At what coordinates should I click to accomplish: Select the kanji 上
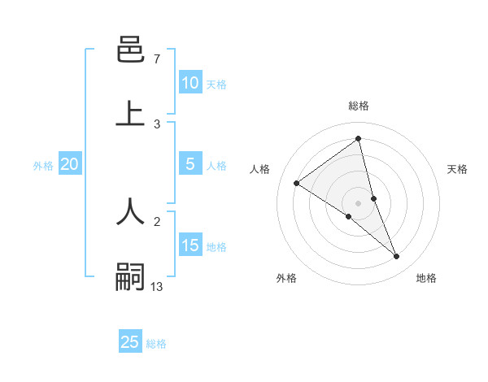coord(130,114)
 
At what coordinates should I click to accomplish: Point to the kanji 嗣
coord(130,276)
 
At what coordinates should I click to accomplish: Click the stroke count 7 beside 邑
coord(156,59)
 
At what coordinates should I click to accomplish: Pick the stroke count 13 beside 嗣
coord(157,286)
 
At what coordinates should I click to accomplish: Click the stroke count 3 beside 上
coord(157,124)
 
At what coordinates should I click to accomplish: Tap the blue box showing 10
coord(190,83)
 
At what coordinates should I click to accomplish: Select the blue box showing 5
coord(190,164)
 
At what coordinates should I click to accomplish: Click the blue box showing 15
coord(190,245)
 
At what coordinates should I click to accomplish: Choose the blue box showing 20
coord(69,164)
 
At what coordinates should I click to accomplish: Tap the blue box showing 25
coord(130,342)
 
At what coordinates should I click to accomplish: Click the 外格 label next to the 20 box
coord(43,166)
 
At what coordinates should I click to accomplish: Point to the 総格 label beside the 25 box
coord(156,344)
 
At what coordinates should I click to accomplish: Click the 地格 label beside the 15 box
coord(216,247)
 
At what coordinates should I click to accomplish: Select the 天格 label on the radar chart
coord(458,169)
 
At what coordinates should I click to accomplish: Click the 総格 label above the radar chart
coord(359,106)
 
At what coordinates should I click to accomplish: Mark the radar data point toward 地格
coord(397,257)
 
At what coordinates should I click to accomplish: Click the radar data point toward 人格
coord(296,183)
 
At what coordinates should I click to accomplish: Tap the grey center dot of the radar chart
coord(358,202)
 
